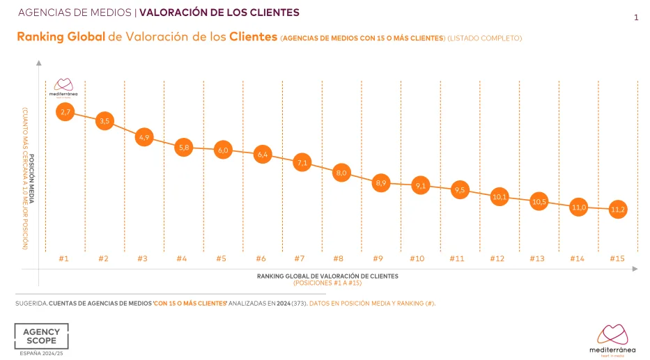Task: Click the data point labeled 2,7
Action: pos(65,111)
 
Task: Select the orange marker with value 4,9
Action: pos(145,138)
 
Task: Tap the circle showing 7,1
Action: pos(302,163)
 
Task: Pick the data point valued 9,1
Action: pos(420,186)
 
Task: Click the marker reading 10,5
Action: pos(539,202)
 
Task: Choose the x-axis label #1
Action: pos(63,258)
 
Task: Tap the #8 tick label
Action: pos(338,258)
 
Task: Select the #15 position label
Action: pos(617,258)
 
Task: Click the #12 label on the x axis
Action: pos(497,258)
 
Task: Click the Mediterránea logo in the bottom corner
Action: pos(612,338)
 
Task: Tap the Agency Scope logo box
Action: pos(41,336)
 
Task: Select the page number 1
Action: pos(636,19)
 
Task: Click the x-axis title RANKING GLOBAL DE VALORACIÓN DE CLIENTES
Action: pos(327,276)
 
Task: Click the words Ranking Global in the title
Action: pos(61,37)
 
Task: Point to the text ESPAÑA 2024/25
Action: pos(41,354)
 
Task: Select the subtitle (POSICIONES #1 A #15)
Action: pos(327,283)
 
